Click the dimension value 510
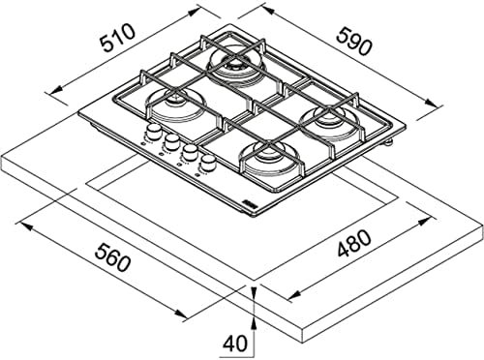(x=117, y=38)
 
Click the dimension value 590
(x=354, y=41)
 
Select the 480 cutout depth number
(x=354, y=243)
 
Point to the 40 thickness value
(x=236, y=344)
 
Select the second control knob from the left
(x=171, y=139)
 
